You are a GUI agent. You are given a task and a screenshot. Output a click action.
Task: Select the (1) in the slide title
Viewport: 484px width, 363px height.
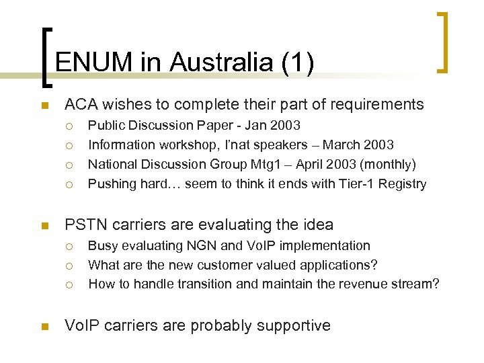click(x=296, y=63)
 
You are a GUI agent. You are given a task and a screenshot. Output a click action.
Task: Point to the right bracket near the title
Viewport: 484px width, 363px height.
click(x=442, y=42)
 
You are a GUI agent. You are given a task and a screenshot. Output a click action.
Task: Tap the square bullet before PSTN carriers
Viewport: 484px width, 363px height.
click(x=44, y=225)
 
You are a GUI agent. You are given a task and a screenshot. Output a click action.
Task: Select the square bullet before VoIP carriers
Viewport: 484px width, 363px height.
click(x=44, y=327)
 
